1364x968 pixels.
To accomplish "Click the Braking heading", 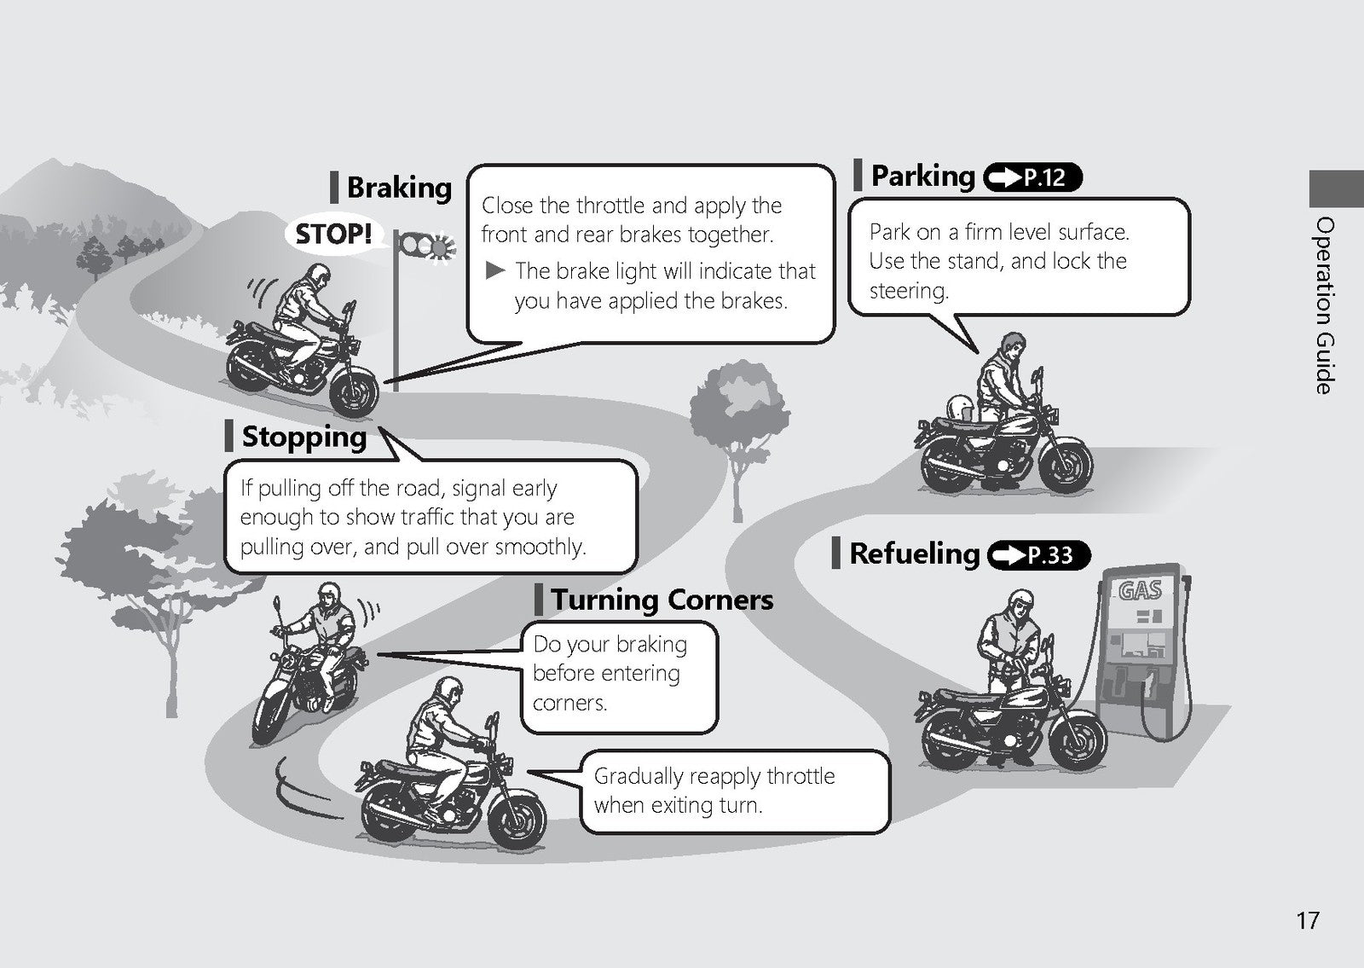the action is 399,188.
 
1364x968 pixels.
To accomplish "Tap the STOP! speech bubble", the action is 333,234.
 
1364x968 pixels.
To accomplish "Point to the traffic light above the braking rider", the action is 427,246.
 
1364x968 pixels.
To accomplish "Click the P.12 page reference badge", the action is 1032,177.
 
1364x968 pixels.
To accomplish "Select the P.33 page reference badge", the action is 1039,555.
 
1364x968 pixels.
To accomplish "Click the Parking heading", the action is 922,176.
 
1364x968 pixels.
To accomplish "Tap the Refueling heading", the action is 914,554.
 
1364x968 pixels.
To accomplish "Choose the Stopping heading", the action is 303,438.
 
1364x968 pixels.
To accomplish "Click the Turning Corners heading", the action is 662,600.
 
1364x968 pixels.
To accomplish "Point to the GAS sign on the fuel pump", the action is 1140,589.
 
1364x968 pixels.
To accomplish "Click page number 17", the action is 1308,920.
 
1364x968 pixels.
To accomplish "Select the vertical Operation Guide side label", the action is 1325,305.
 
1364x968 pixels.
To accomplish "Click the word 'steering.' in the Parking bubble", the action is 909,291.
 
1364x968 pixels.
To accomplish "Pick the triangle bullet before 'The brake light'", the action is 495,270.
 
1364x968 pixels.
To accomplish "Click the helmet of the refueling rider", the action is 1020,602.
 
